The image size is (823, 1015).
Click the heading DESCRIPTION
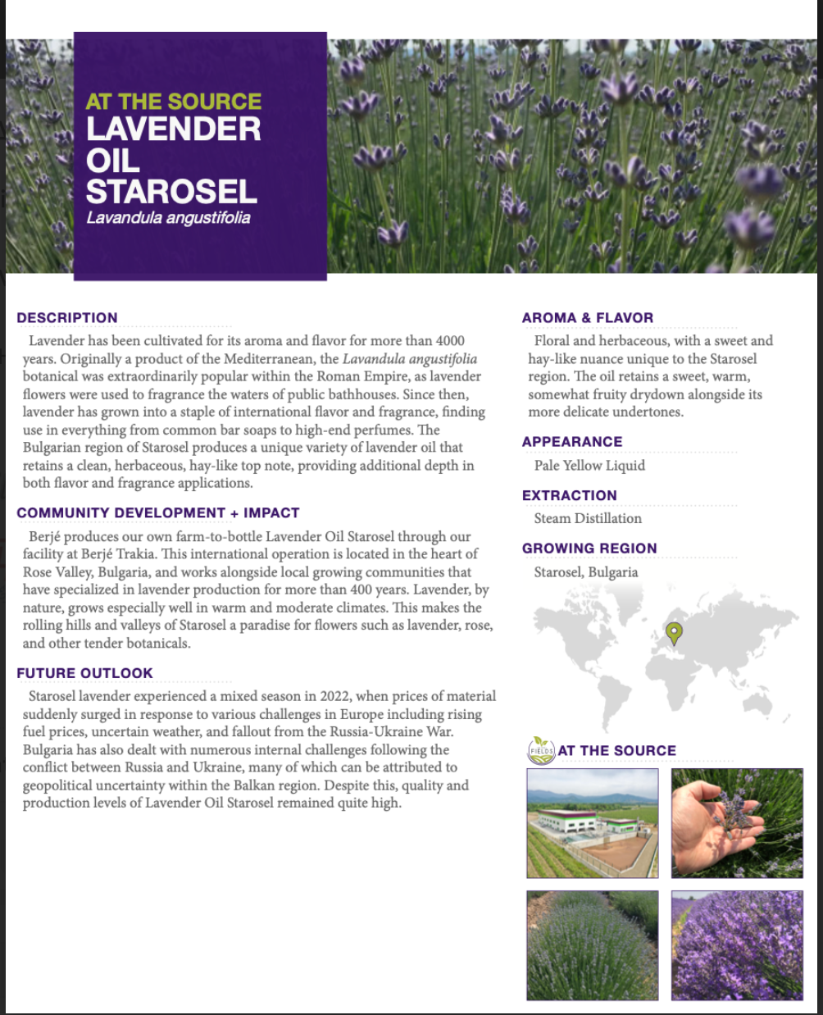tap(67, 318)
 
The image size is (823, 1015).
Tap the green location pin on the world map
tap(674, 632)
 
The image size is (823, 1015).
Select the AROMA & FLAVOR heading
tap(588, 318)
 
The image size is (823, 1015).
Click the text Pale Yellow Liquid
tap(589, 466)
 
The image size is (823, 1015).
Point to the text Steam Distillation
tap(588, 518)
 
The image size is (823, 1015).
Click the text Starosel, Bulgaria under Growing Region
tap(585, 572)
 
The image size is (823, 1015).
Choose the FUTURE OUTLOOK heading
tap(84, 673)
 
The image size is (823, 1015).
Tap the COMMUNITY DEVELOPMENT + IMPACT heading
tap(158, 513)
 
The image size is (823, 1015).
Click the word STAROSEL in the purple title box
tap(172, 192)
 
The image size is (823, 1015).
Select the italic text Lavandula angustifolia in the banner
tap(168, 219)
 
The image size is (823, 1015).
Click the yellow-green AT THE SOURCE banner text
tap(174, 102)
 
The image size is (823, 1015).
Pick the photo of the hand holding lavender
tap(737, 822)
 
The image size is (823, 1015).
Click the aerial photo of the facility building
tap(592, 822)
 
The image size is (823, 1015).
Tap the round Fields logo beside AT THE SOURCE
tap(541, 749)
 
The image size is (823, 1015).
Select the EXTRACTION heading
tap(569, 495)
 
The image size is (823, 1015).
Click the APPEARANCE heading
tap(572, 442)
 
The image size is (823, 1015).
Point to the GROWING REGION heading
tap(589, 548)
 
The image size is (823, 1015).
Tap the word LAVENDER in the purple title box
tap(174, 130)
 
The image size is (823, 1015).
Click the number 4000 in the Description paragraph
tap(450, 341)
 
